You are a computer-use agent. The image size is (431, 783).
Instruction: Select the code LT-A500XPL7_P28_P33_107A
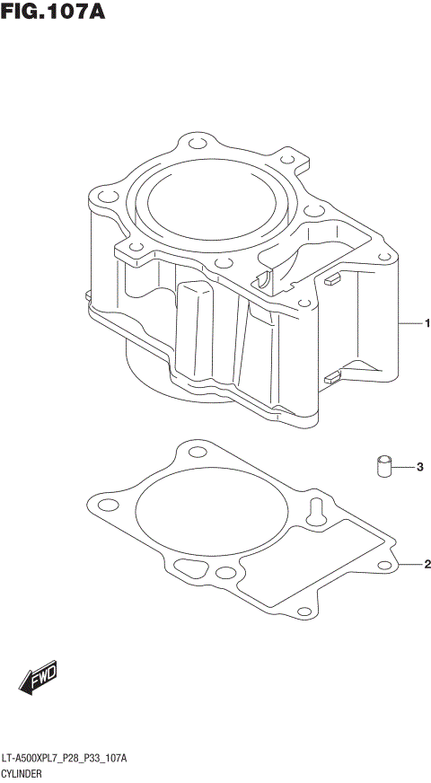point(65,759)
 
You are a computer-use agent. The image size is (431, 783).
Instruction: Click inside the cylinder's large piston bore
point(210,206)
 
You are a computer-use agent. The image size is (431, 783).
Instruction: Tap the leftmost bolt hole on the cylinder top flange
point(104,195)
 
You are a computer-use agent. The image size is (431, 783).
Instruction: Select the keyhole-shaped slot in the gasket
point(316,508)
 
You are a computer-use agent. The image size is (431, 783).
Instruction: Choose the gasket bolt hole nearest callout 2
point(385,565)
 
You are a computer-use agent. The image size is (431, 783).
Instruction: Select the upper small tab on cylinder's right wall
point(331,278)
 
